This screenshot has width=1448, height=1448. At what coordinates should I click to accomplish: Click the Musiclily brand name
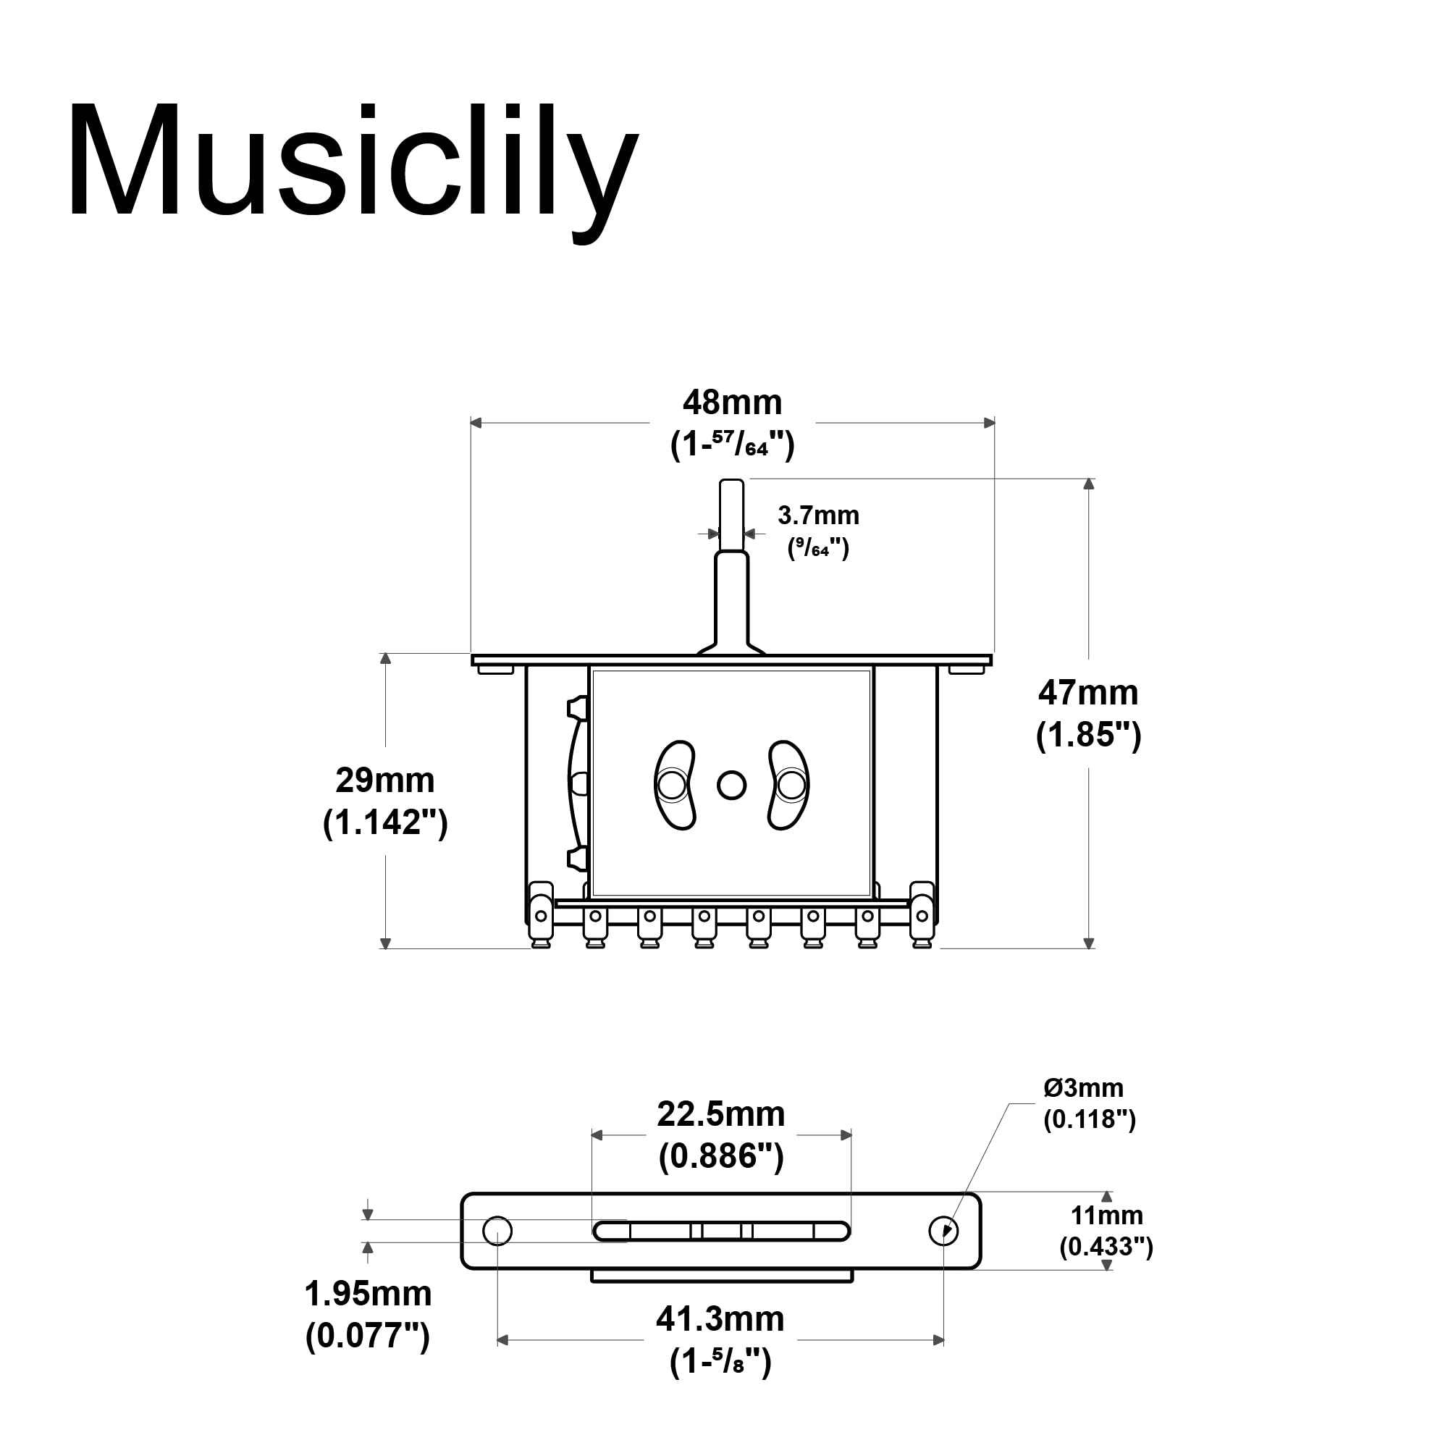pos(353,161)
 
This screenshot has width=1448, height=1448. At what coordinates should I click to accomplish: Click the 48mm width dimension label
pos(731,403)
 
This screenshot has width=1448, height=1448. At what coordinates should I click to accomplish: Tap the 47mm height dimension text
pos(1087,693)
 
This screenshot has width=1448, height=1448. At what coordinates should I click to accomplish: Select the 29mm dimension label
pos(384,780)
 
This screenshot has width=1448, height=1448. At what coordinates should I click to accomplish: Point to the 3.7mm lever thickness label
pos(817,515)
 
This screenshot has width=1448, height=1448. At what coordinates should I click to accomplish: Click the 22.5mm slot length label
pos(720,1114)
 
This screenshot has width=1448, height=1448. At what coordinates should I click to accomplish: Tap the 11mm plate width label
pos(1106,1215)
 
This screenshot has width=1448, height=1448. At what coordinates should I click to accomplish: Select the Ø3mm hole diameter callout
pos(1083,1087)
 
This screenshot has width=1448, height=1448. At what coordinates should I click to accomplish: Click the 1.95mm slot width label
pos(367,1294)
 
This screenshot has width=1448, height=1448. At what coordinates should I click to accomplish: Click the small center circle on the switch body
pos(731,786)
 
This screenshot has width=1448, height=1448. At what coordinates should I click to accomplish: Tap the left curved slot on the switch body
pos(675,785)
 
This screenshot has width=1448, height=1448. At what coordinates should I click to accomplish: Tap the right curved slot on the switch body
pos(789,785)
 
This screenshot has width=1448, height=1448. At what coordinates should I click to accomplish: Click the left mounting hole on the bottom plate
pos(497,1231)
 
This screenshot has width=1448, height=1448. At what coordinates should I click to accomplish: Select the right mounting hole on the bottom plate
pos(943,1231)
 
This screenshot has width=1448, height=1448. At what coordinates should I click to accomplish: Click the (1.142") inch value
pos(385,822)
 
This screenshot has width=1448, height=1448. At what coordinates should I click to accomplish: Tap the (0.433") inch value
pos(1106,1247)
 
